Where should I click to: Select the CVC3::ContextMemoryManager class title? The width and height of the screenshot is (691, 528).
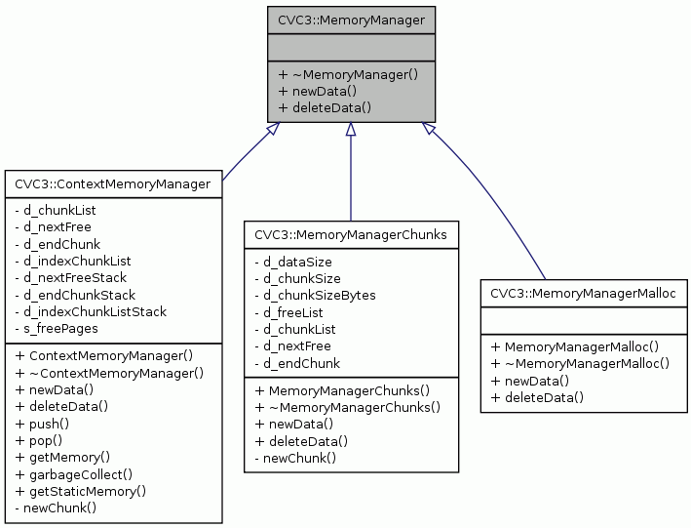(112, 183)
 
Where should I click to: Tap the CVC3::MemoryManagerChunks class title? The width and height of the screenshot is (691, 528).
(350, 234)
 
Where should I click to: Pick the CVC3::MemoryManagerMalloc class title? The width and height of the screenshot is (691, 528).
(582, 293)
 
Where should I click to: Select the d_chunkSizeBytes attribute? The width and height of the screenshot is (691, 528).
(315, 295)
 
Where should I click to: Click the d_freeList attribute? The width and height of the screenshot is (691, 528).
(289, 312)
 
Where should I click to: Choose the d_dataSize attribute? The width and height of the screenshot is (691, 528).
(293, 262)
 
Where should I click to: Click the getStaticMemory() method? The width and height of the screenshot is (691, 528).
(81, 491)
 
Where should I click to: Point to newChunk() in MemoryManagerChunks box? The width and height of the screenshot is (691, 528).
(294, 458)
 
